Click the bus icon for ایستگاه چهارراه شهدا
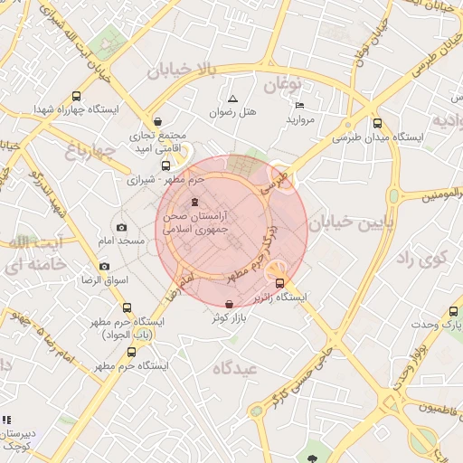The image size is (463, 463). pos(76,96)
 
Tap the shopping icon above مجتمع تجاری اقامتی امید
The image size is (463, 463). pos(158,121)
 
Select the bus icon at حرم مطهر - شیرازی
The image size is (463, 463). pos(165,165)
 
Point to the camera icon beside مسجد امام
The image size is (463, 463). pos(122,228)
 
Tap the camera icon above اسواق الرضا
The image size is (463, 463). pos(104,267)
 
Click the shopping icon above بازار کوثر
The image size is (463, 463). pos(229,304)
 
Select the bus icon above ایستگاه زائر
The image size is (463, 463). pos(279,283)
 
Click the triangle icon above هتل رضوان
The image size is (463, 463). pos(232,99)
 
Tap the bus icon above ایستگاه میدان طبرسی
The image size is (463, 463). pos(377,124)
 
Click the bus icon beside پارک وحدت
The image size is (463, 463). pos(453,310)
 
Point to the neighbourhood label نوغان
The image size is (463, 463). pos(281,86)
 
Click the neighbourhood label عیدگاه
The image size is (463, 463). pos(235,369)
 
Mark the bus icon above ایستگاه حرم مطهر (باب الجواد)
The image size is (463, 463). pos(127,307)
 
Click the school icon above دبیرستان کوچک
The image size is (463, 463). pos(6,420)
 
